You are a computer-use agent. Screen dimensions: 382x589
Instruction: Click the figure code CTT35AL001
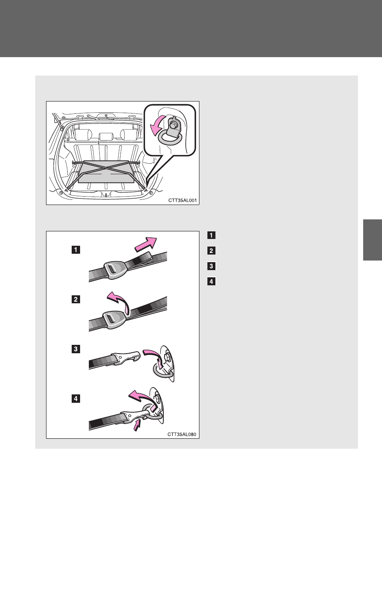tap(182, 200)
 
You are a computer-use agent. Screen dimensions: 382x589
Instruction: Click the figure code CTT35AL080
tap(182, 434)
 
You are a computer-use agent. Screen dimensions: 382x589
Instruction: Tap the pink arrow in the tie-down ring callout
tap(157, 126)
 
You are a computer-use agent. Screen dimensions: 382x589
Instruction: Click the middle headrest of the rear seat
tap(106, 137)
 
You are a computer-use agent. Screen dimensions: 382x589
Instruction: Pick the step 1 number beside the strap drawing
tap(76, 249)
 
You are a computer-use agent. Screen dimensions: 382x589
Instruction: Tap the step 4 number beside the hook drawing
tap(76, 399)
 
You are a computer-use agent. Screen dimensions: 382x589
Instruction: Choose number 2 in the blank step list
tap(211, 251)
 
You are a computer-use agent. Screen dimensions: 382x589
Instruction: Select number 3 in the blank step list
tap(211, 266)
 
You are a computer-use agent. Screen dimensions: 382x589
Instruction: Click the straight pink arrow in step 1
tap(146, 244)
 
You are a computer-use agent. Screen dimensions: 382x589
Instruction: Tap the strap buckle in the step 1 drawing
tap(115, 270)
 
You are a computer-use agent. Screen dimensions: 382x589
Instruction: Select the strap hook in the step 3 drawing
tap(126, 358)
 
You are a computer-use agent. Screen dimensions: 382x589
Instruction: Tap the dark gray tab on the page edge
tap(372, 240)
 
